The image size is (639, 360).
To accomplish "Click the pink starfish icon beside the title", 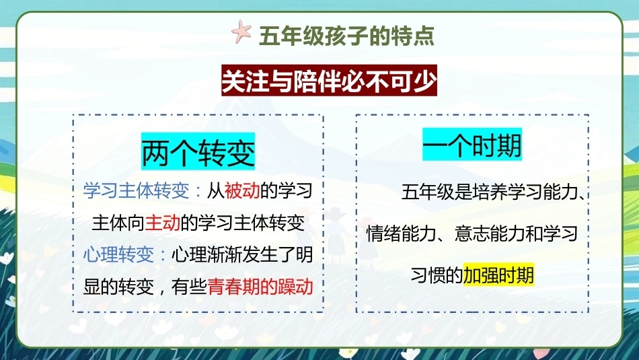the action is (x=241, y=32).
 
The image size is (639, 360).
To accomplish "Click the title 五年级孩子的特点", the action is (x=347, y=36).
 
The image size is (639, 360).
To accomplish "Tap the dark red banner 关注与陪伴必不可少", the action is (x=330, y=80).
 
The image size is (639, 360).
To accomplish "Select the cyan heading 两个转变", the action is (x=198, y=151).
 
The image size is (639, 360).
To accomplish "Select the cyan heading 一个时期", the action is (x=472, y=144).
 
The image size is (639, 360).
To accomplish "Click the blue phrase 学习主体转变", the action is (x=136, y=190).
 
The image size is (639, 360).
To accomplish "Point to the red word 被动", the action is (x=242, y=190).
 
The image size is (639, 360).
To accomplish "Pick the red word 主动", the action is (x=162, y=223).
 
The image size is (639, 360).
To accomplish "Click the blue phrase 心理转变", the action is (x=118, y=255).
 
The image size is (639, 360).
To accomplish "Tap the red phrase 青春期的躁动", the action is (x=260, y=287).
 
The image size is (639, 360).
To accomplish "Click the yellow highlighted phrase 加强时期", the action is (x=498, y=275).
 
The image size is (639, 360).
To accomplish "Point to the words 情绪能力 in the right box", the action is (x=402, y=233).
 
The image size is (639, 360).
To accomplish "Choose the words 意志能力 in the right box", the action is (x=490, y=233).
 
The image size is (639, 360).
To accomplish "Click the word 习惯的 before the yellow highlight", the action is (x=437, y=275).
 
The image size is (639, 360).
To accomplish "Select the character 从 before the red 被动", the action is (x=216, y=190).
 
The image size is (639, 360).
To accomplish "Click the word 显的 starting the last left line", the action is (x=101, y=287).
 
